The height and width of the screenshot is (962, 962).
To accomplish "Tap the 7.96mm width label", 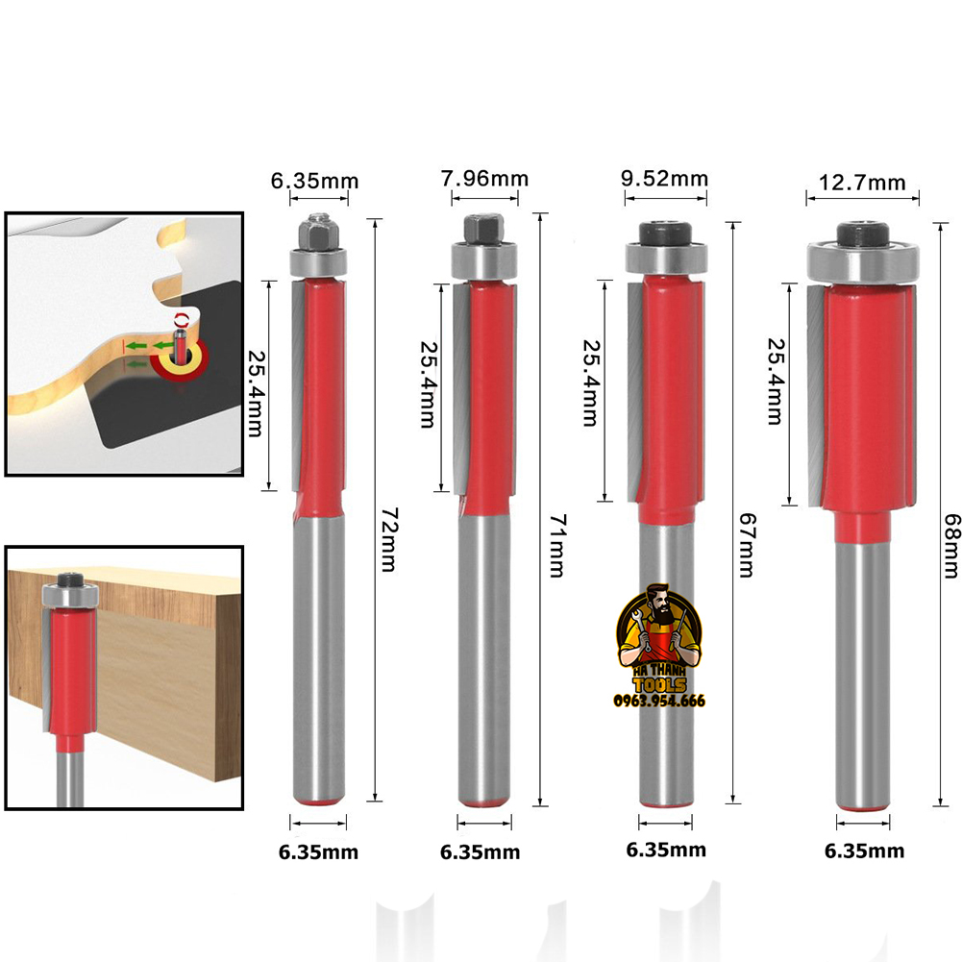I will point(484,179).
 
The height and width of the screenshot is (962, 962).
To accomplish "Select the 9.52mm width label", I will point(665,179).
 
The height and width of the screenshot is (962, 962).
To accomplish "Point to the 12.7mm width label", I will point(862,182).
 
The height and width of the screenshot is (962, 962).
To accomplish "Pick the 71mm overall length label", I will point(555,545).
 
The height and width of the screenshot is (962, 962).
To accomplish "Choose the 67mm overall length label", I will point(746,545).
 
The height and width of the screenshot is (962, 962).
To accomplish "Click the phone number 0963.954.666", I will point(659,701).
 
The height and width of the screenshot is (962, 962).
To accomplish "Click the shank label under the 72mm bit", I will point(318,852).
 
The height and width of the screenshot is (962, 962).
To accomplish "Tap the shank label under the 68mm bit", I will point(864,851).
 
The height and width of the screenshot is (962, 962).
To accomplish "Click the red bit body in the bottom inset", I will point(67,662).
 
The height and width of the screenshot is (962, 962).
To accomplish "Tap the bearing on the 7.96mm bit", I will point(484,259).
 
